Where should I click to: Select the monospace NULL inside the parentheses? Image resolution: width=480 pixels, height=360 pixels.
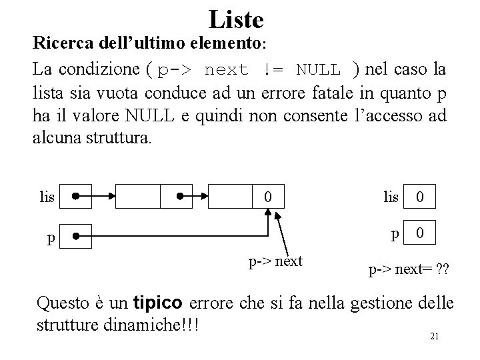tap(319, 69)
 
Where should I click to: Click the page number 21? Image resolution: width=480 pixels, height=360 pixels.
tap(434, 337)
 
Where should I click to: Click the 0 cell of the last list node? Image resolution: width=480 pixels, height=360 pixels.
tap(267, 197)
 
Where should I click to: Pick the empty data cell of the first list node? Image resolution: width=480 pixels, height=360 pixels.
tap(139, 197)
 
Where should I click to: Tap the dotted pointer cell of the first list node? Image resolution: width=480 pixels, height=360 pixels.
tap(179, 197)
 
